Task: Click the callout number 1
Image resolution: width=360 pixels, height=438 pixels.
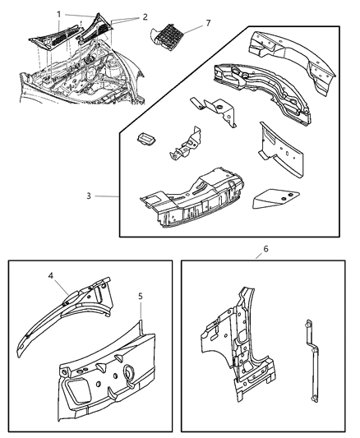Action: [58, 13]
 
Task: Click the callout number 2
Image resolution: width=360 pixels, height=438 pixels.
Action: [145, 16]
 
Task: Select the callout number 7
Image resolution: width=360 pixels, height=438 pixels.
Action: [207, 23]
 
